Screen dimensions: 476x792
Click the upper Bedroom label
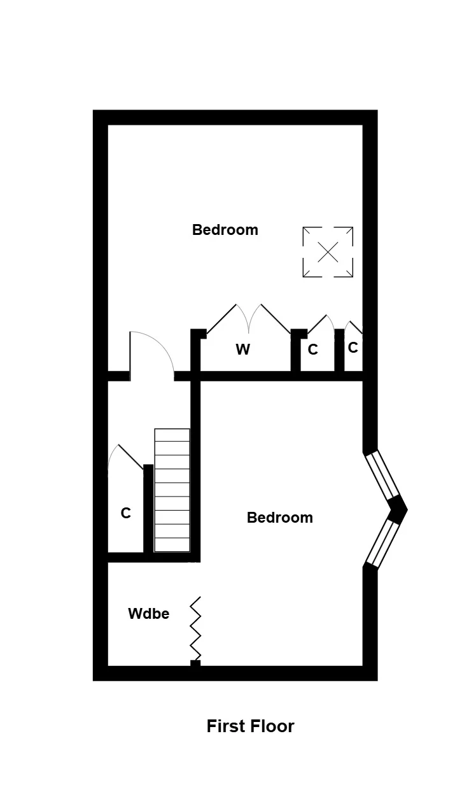pos(225,230)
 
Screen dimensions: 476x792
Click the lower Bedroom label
pos(280,518)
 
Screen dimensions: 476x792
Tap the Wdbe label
pos(149,614)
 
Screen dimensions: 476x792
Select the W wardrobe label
pos(242,350)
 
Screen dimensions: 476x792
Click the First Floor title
pos(250,726)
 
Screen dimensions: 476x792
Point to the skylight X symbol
pos(328,251)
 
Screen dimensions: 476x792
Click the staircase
pos(172,490)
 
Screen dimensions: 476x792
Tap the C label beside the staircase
pos(126,513)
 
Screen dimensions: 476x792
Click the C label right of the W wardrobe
pos(312,350)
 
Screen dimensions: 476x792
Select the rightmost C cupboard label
pos(353,348)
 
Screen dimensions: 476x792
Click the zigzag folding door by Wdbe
pos(195,628)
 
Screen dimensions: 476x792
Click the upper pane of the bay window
pos(382,475)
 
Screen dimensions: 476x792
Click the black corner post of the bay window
pos(398,509)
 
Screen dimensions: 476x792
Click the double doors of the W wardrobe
pos(248,318)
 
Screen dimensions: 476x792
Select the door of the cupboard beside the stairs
pos(125,460)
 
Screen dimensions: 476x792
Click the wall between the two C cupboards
pos(339,350)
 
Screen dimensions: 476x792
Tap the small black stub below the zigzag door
pos(195,663)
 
